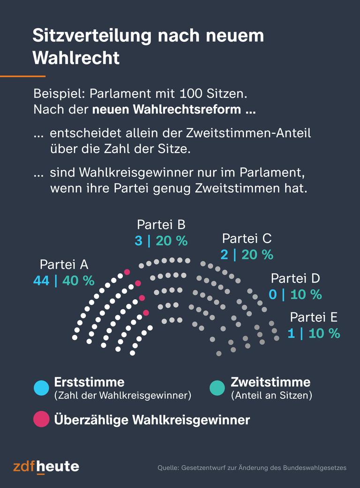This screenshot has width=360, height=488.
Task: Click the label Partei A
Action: pos(64,264)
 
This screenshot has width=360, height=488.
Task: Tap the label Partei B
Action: pos(161,224)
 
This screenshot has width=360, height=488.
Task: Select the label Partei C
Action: pos(247,238)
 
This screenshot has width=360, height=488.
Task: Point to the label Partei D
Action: pos(295,278)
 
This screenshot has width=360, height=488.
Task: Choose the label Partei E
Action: pos(314,317)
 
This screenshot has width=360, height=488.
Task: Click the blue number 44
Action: pos(41,281)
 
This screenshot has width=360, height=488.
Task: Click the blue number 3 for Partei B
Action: pos(138,241)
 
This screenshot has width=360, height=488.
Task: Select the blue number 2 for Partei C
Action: pos(224,255)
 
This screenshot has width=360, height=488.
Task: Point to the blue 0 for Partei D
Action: pos(272,295)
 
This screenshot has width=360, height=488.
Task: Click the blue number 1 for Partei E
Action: pos(291,334)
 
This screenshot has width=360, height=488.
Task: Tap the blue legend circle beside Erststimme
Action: pos(41,388)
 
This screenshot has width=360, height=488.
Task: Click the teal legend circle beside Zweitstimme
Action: pos(217,388)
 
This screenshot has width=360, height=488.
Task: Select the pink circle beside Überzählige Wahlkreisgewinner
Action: pos(41,419)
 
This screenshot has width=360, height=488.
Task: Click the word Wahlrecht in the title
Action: pos(76,58)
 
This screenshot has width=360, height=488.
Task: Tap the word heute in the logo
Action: pos(58,467)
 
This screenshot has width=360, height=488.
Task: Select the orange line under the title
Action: pos(22,76)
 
